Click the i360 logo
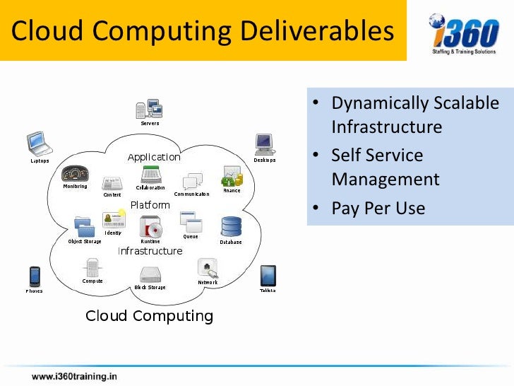click(463, 32)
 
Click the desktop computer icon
click(264, 144)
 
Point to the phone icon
click(34, 275)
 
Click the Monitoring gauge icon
click(75, 174)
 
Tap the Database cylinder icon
click(231, 227)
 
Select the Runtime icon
click(151, 227)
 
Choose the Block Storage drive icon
click(150, 274)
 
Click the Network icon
click(208, 268)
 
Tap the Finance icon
click(232, 175)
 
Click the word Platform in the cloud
click(150, 205)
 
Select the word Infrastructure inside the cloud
click(150, 251)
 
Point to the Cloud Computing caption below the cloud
click(149, 315)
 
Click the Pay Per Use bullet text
click(378, 208)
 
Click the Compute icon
click(92, 268)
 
